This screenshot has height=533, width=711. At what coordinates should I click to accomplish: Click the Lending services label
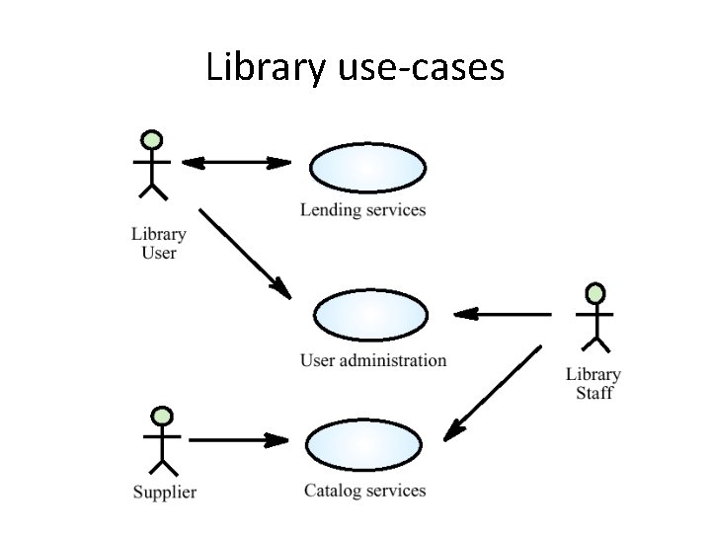pos(362,209)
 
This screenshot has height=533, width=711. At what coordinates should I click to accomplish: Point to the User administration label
pos(373,360)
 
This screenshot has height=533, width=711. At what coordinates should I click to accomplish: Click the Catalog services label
pos(364,491)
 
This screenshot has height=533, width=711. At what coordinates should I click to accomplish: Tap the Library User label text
pos(158,244)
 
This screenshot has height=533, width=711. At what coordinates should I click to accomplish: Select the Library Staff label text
pos(593,383)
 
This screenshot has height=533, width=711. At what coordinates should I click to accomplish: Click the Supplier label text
pos(165,492)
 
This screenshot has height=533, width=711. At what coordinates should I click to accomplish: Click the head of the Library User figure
pos(151,139)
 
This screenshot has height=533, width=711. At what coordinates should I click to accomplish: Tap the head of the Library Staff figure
pos(594,294)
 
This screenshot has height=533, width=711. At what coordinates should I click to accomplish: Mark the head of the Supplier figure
pos(162,416)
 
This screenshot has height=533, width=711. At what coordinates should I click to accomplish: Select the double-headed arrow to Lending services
pos(237,162)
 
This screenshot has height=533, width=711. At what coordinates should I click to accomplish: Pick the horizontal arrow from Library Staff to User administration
pos(504,315)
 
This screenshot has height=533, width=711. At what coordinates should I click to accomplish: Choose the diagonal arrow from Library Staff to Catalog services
pos(493,392)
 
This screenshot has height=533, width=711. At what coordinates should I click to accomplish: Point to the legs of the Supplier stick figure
pos(162,466)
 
